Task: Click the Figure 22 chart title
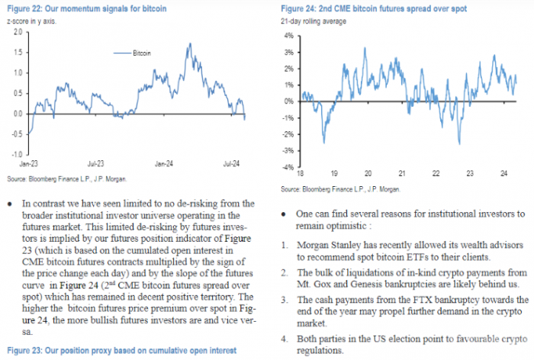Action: coord(79,8)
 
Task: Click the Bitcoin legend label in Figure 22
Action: coord(143,53)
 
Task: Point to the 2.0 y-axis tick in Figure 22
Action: coord(16,53)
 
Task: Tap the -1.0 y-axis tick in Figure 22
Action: coord(15,153)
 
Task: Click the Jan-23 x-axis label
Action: coord(30,164)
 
